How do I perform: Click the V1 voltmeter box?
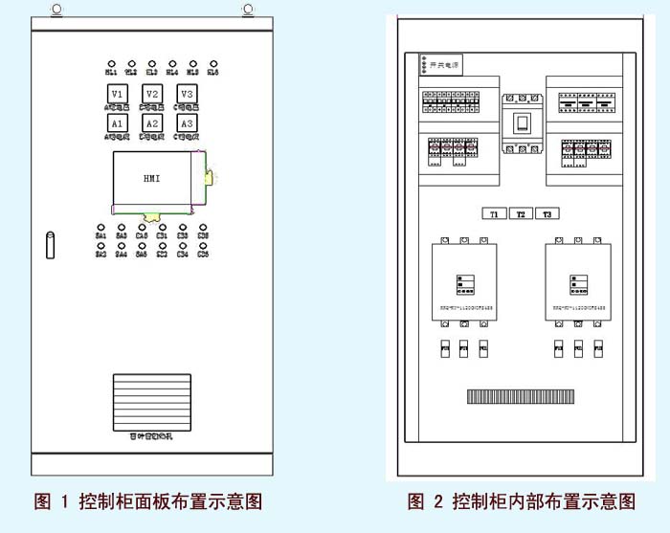pos(117,94)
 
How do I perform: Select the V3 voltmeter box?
pos(188,94)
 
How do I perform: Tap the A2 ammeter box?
pos(152,123)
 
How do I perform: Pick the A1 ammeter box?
pos(117,123)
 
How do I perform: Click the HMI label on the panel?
pos(152,179)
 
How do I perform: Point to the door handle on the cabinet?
pos(50,244)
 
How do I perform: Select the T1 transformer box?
pos(494,213)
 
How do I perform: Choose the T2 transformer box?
pos(521,213)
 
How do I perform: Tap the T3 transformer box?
pos(547,213)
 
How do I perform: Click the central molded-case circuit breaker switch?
pos(523,123)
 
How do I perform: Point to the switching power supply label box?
pos(441,65)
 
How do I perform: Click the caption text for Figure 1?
pos(148,501)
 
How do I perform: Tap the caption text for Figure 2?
pos(522,501)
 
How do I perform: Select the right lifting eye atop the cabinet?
pos(248,11)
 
